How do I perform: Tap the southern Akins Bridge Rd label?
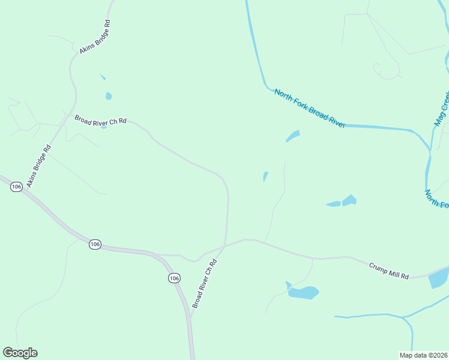[39, 166]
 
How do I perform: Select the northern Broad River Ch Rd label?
[101, 120]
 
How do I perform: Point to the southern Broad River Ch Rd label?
[204, 284]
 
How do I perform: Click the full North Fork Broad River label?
[309, 108]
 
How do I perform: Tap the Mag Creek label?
[442, 109]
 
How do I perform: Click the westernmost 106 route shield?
[16, 187]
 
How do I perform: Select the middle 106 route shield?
[94, 244]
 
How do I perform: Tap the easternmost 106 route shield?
[174, 278]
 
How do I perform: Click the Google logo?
[20, 353]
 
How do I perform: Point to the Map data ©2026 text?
[423, 355]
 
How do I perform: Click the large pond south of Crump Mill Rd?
[303, 293]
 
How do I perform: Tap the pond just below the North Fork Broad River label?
[292, 136]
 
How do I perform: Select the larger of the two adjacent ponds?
[349, 200]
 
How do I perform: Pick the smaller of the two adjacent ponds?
[334, 205]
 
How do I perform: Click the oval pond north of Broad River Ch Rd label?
[109, 96]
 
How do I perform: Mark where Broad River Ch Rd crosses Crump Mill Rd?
[224, 245]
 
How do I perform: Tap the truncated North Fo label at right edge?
[436, 199]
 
